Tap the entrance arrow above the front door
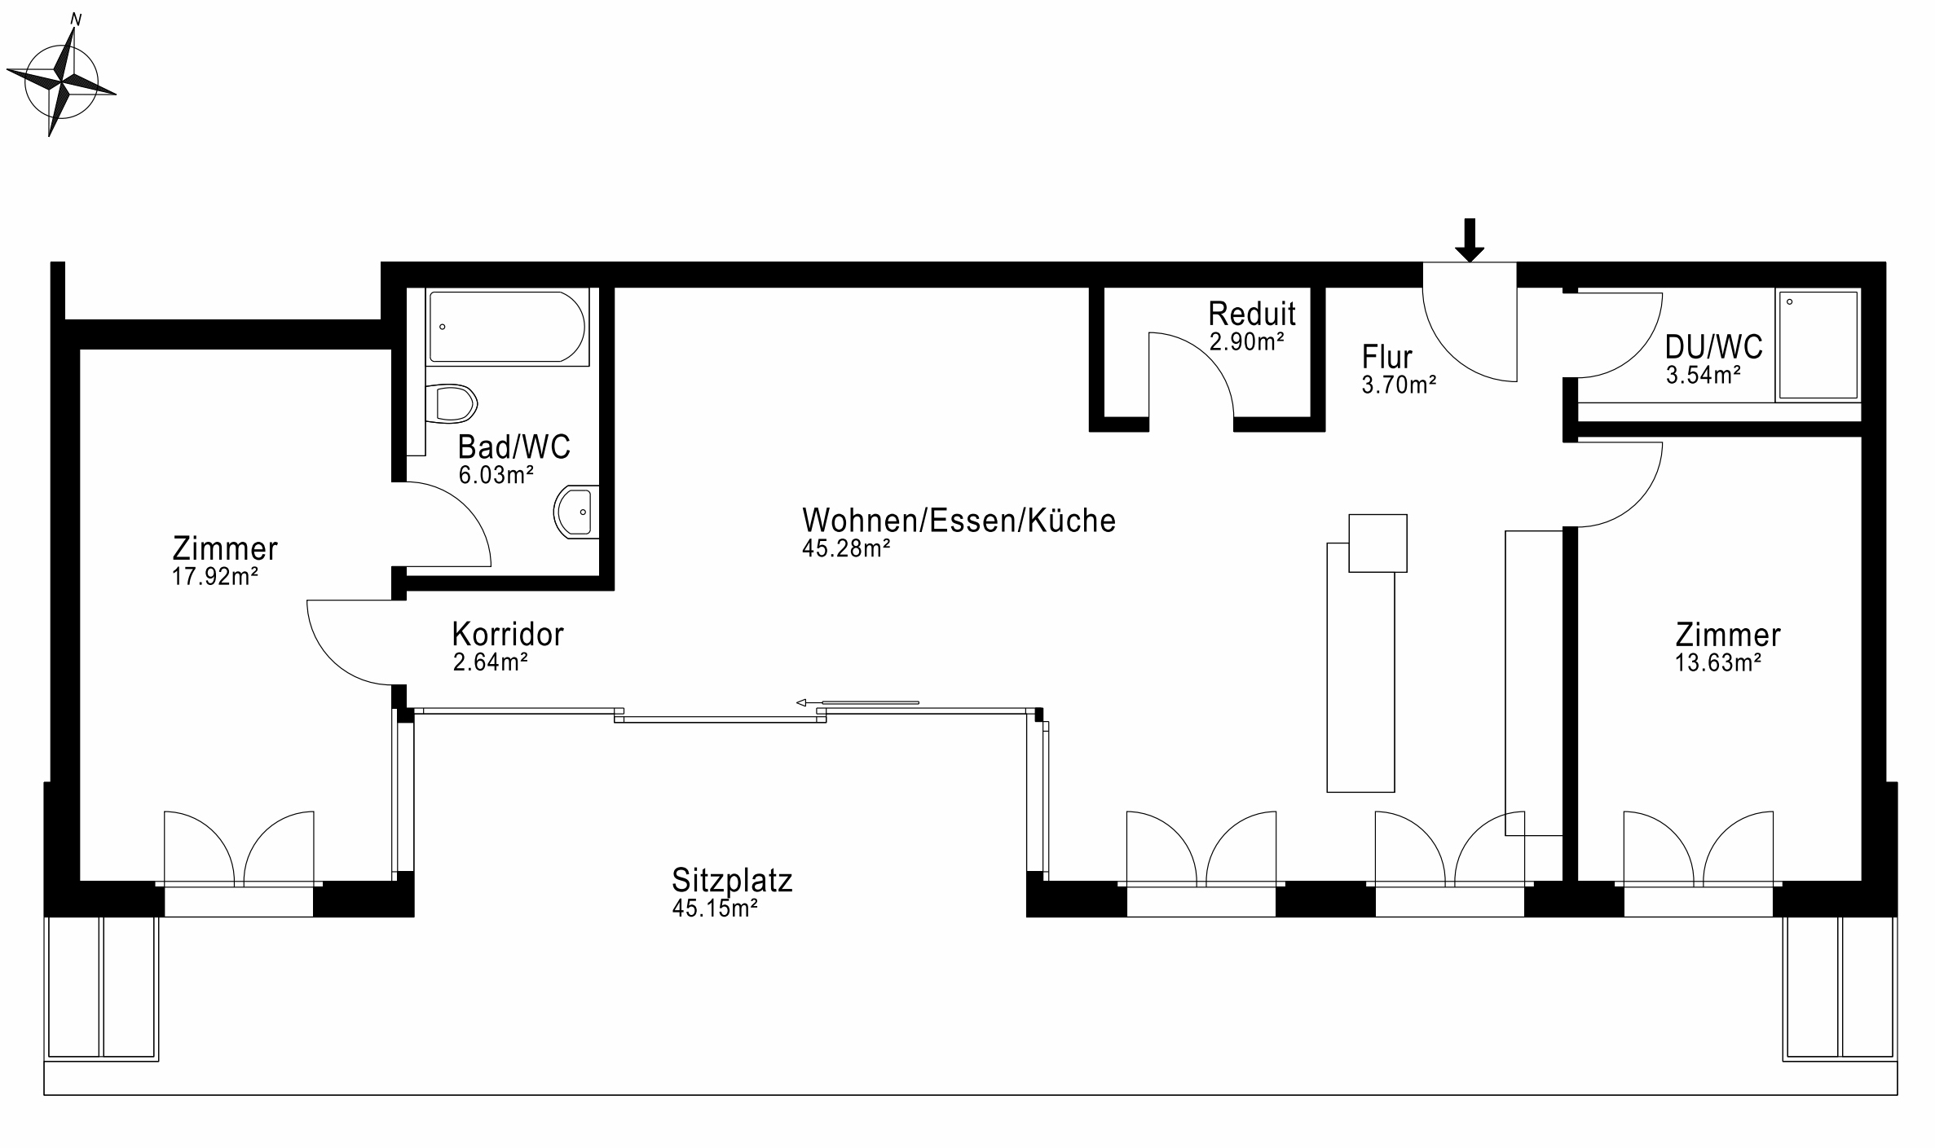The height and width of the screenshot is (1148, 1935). [1470, 240]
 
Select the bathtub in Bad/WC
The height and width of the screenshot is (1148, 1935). [507, 327]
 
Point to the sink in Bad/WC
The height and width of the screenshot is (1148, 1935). [576, 512]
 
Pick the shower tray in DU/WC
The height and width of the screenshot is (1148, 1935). [1818, 345]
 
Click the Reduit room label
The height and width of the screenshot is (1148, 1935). [1252, 313]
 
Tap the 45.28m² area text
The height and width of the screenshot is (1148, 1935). [846, 548]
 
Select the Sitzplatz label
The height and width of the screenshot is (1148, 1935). [732, 881]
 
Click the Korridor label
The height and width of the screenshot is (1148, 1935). [508, 634]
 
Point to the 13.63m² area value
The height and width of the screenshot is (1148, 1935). [1718, 662]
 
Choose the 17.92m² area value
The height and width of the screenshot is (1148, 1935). [214, 577]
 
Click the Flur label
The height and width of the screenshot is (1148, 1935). [1387, 357]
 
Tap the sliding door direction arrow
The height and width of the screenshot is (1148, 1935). [857, 702]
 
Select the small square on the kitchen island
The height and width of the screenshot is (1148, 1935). [1377, 543]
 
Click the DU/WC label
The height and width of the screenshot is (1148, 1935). [1713, 347]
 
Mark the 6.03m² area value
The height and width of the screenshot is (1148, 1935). [496, 475]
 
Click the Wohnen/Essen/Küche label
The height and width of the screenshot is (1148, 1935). [959, 520]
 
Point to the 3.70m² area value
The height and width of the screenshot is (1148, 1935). [1399, 385]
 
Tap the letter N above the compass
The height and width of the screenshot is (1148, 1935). [76, 20]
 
